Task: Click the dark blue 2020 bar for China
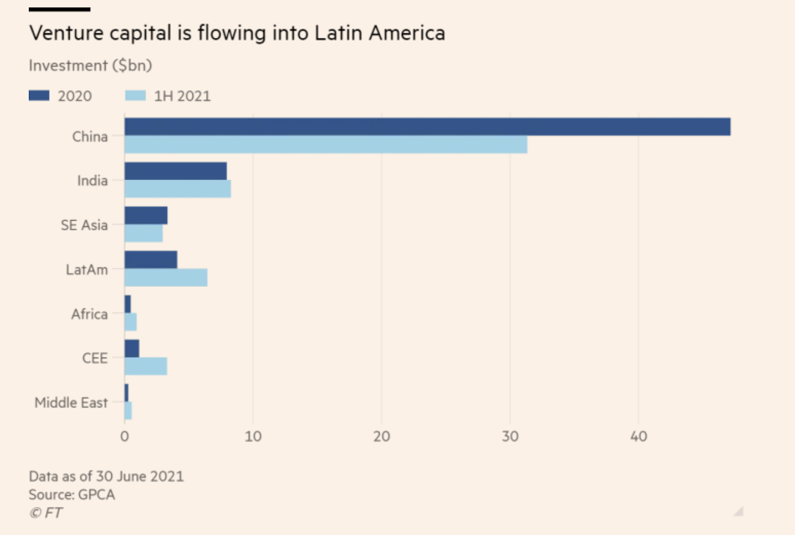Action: point(427,127)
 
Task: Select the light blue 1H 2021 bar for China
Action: point(326,145)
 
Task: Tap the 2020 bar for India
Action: point(176,171)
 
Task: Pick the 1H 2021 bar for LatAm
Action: point(166,278)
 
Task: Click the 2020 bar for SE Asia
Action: point(146,216)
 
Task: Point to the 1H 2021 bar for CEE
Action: point(146,366)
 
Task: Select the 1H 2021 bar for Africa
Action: point(131,322)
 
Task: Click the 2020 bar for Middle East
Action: point(127,392)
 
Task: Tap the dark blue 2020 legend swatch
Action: point(39,95)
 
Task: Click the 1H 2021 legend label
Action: point(182,96)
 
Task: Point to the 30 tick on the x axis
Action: point(510,437)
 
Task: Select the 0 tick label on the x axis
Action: point(125,437)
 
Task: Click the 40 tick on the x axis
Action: point(638,437)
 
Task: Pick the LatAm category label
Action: point(87,270)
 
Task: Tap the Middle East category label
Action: point(71,403)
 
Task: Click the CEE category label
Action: point(95,358)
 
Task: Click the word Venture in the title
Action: point(67,33)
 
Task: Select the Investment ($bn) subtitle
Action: point(90,66)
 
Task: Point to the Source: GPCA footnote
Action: point(72,495)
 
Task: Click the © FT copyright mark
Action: point(46,513)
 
